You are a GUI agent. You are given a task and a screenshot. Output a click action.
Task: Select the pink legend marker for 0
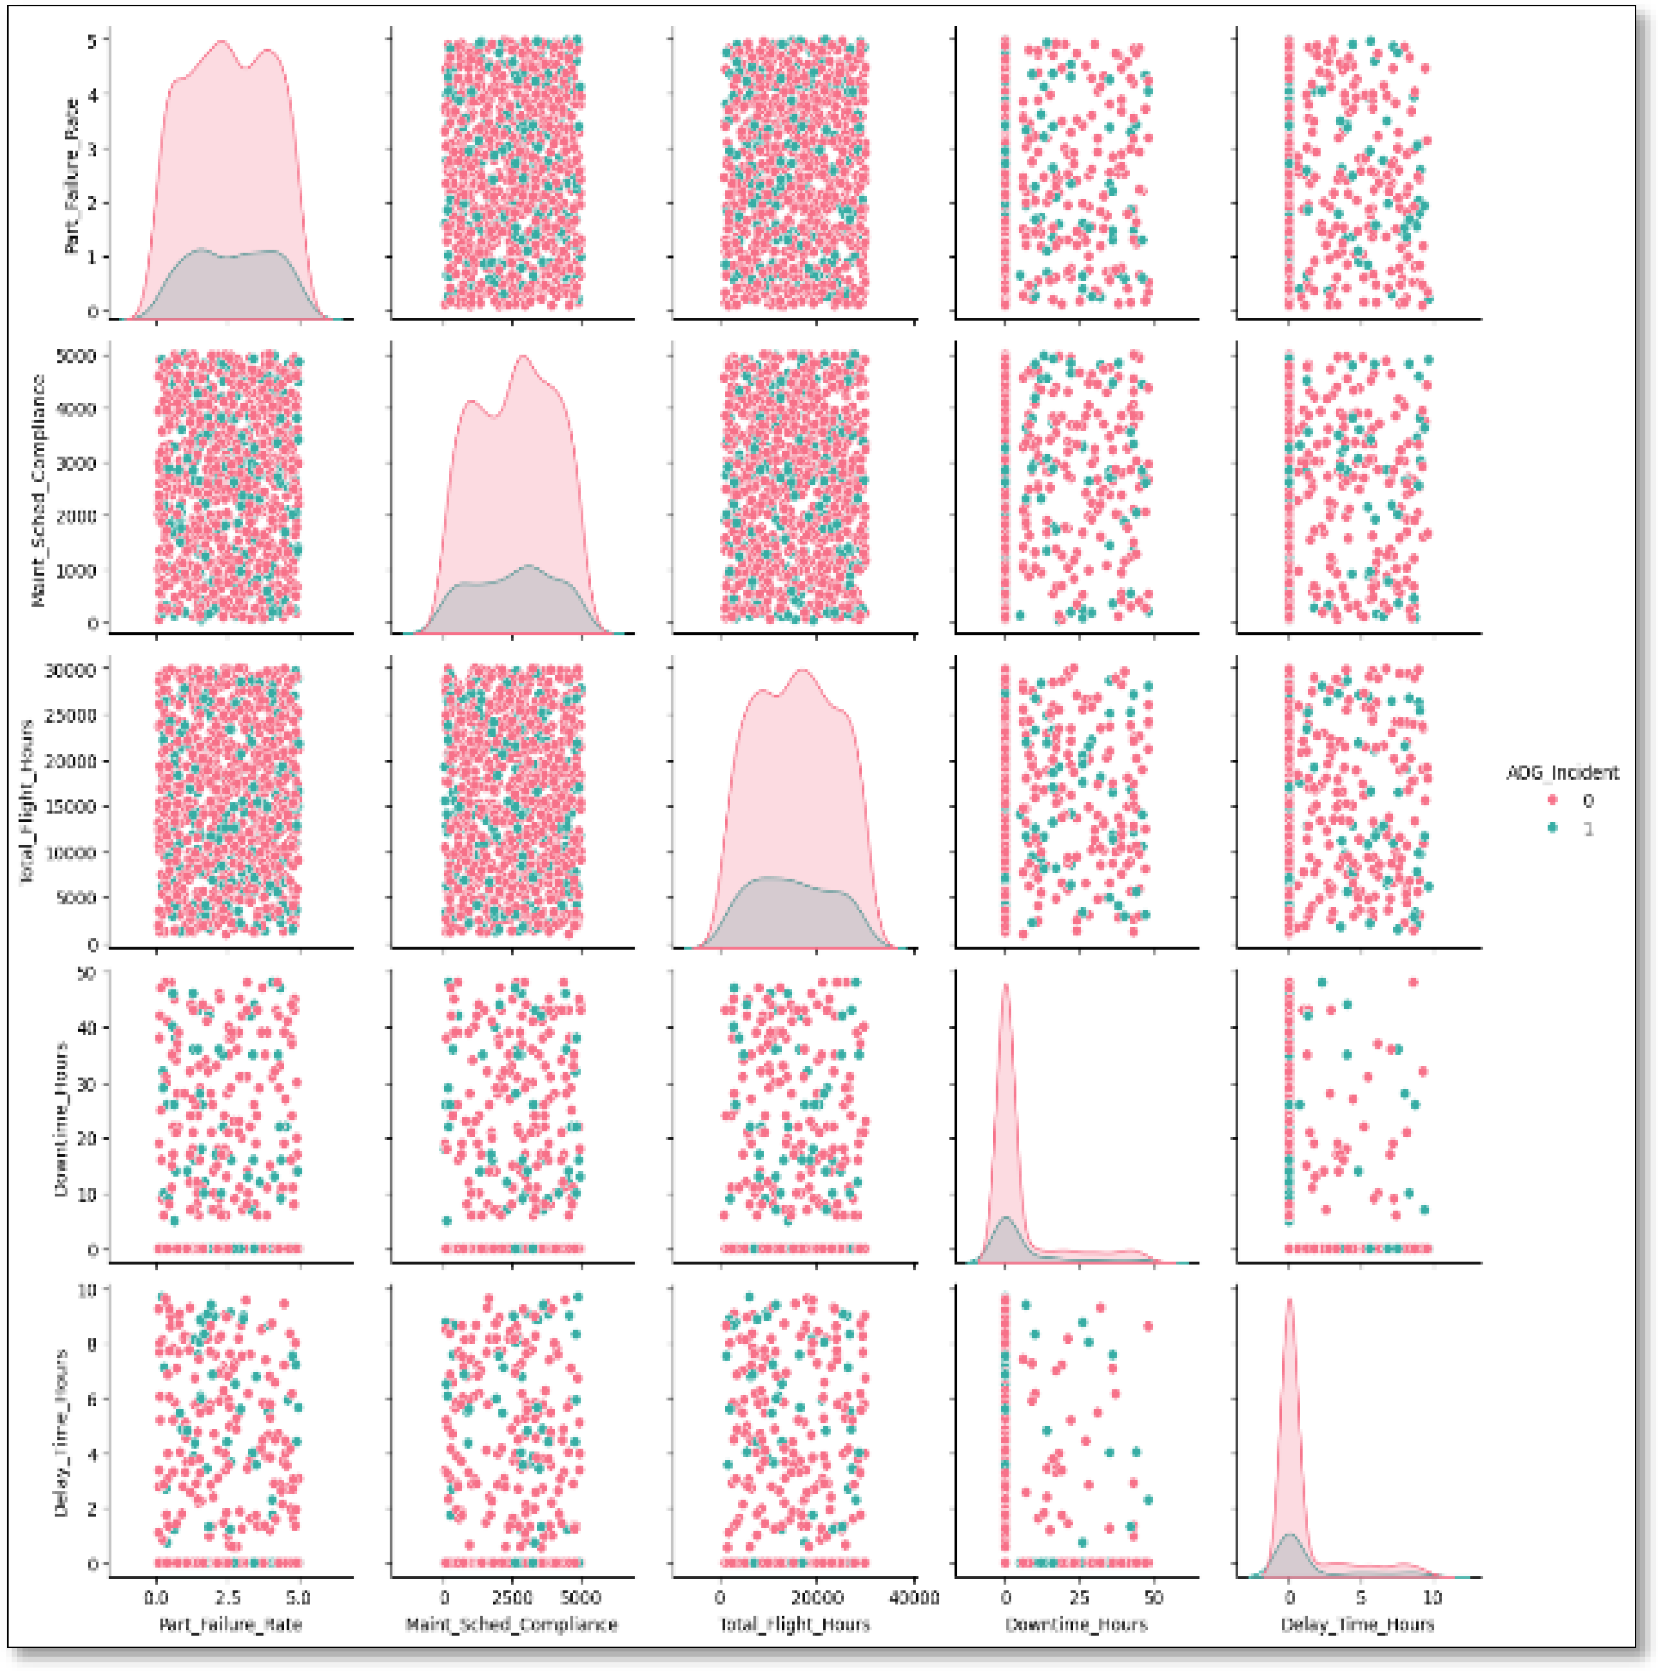click(x=1553, y=801)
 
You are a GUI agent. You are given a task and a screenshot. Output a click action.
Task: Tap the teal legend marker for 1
click(x=1553, y=828)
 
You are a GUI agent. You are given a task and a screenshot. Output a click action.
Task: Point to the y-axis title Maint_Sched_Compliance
click(x=38, y=490)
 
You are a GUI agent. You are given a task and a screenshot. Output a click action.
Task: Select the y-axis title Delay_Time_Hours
click(x=61, y=1431)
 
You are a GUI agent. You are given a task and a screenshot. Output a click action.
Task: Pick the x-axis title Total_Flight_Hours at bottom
click(x=794, y=1624)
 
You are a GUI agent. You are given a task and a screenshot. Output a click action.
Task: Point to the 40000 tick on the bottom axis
click(x=913, y=1597)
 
